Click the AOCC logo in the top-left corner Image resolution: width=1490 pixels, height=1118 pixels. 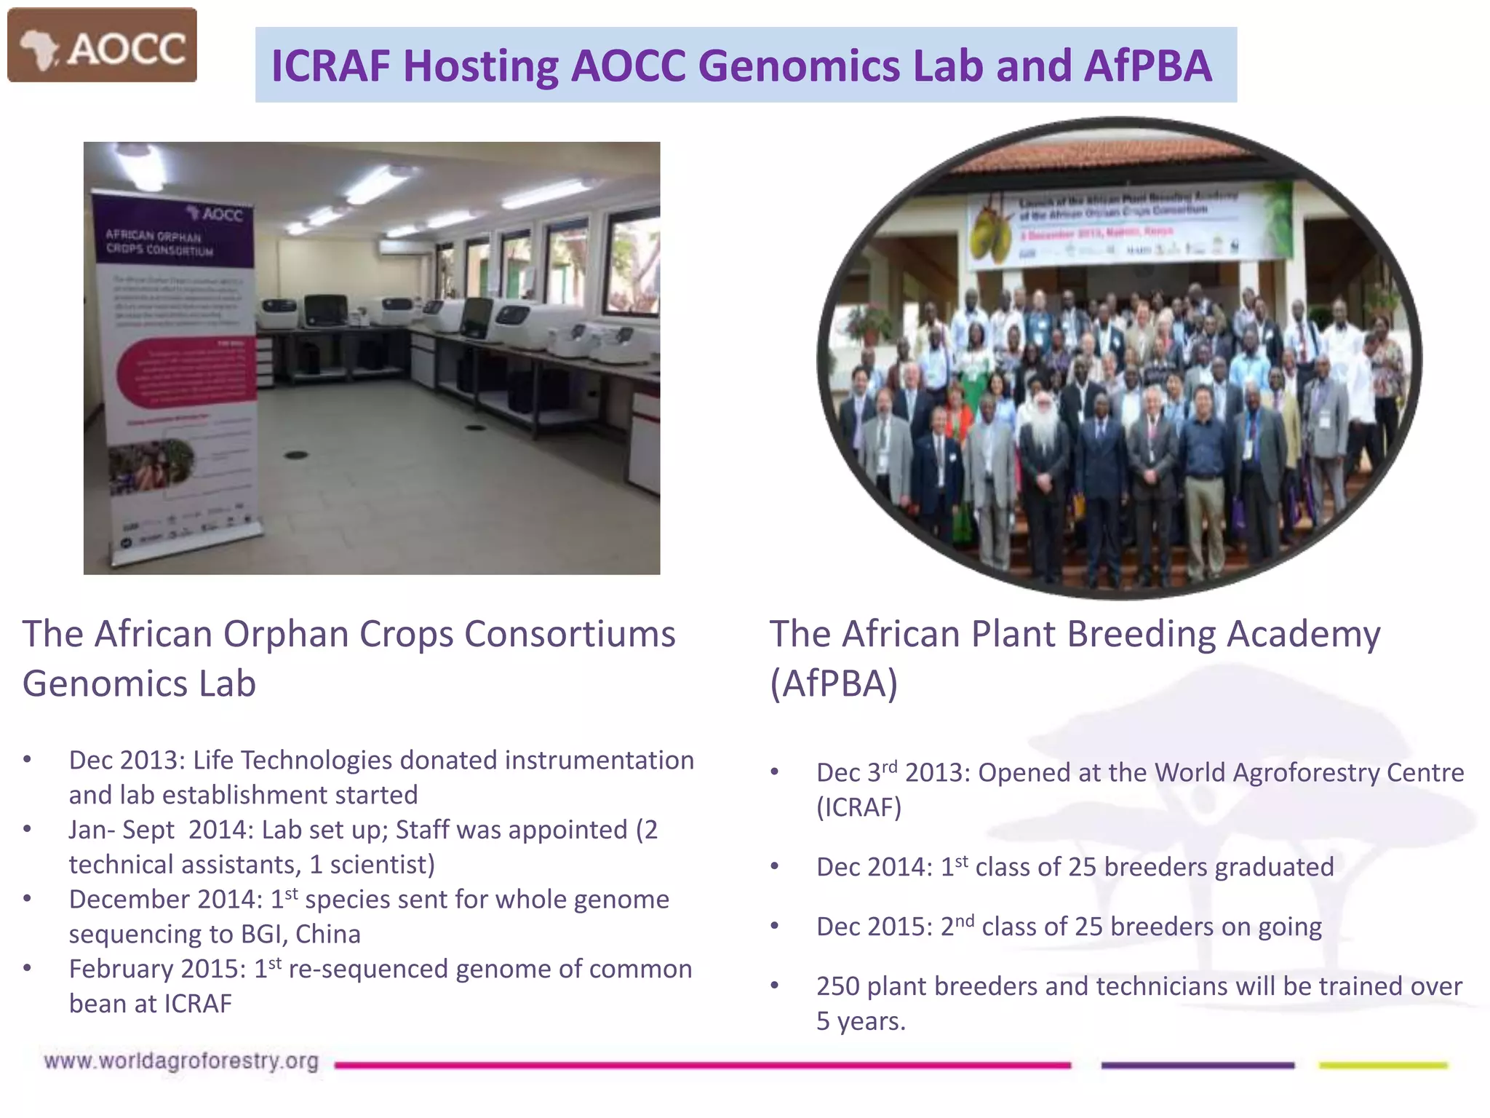coord(102,45)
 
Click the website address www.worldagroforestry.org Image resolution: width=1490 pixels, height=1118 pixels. coord(181,1061)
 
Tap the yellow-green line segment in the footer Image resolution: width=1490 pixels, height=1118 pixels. coord(1383,1065)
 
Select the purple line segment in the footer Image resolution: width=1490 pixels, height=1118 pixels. coord(1198,1065)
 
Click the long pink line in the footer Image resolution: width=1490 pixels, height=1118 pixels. coord(702,1065)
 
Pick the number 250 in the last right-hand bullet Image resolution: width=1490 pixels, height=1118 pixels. coord(838,986)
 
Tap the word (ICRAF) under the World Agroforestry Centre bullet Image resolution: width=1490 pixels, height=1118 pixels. coord(858,807)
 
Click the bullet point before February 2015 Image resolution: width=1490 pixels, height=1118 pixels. coord(28,969)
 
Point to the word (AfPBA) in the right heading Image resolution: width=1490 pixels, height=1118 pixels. coord(834,683)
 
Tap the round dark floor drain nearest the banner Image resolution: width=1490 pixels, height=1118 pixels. coord(296,455)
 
